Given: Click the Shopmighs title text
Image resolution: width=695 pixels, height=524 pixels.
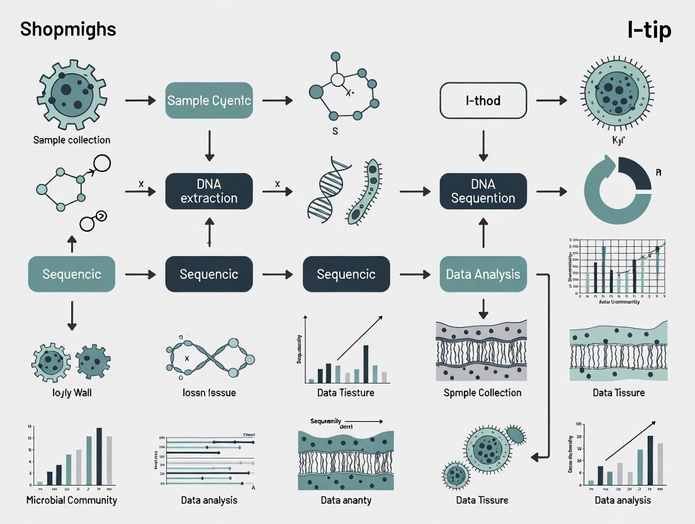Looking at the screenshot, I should (67, 30).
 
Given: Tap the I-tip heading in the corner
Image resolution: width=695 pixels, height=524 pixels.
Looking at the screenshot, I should (649, 30).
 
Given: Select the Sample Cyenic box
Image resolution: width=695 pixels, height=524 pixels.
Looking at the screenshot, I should (209, 100).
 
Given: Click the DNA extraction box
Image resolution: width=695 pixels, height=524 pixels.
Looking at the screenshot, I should (209, 191).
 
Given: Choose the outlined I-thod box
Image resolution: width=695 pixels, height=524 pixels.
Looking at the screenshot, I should (483, 100).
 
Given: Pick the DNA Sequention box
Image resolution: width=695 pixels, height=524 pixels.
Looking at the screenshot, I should (483, 191).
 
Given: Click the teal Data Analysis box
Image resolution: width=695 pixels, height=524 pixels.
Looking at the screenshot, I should (483, 274).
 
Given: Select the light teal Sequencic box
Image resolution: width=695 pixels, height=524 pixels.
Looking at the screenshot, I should (72, 274).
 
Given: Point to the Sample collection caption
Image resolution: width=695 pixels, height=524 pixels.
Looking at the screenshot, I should (72, 140).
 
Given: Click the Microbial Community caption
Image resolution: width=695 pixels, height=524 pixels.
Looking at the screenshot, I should (72, 500).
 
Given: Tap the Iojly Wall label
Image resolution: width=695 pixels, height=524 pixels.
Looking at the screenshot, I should (72, 393).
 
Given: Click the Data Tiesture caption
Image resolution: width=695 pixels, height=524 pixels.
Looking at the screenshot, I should (346, 393).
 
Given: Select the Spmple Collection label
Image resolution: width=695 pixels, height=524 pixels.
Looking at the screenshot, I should (483, 393).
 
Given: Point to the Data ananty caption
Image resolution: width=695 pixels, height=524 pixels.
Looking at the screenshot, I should (346, 500).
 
